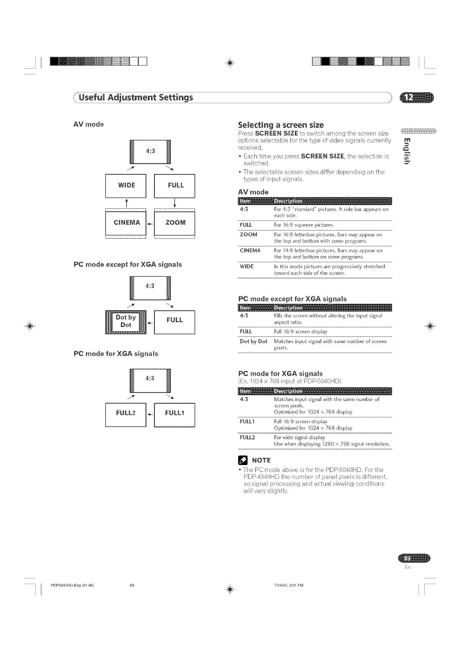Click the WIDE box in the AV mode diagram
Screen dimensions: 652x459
126,186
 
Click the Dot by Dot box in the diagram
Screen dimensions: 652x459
126,322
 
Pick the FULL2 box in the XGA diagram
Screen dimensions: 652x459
126,414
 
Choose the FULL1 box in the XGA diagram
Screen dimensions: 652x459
175,414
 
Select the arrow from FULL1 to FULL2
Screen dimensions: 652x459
150,415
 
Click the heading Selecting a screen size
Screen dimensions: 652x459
281,124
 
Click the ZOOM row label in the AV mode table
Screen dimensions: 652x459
249,235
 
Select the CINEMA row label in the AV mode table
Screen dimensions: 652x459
250,250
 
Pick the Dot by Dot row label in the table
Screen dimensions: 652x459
253,342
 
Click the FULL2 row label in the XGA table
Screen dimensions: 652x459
248,437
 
